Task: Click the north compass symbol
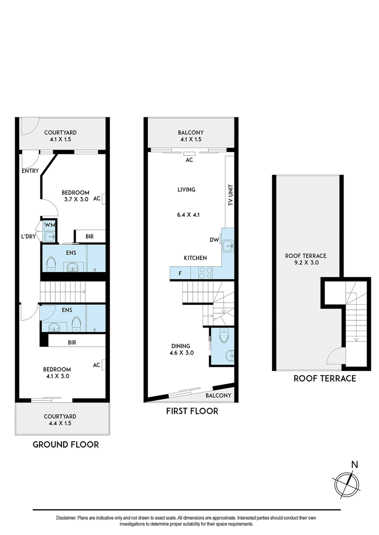pyautogui.click(x=347, y=483)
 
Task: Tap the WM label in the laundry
pyautogui.click(x=50, y=226)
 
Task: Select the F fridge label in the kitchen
pyautogui.click(x=180, y=273)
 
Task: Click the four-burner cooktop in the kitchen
pyautogui.click(x=206, y=273)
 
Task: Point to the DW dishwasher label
pyautogui.click(x=214, y=240)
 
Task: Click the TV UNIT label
pyautogui.click(x=230, y=195)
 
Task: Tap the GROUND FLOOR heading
pyautogui.click(x=66, y=444)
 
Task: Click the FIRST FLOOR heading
pyautogui.click(x=192, y=411)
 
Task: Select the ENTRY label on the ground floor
pyautogui.click(x=30, y=171)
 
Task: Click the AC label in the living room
pyautogui.click(x=189, y=160)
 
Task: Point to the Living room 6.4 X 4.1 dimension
pyautogui.click(x=188, y=215)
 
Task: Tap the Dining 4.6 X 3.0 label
pyautogui.click(x=181, y=349)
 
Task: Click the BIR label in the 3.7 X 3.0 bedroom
pyautogui.click(x=90, y=236)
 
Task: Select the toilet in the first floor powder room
pyautogui.click(x=225, y=335)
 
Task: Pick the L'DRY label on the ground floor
pyautogui.click(x=28, y=236)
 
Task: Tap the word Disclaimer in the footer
pyautogui.click(x=66, y=518)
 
